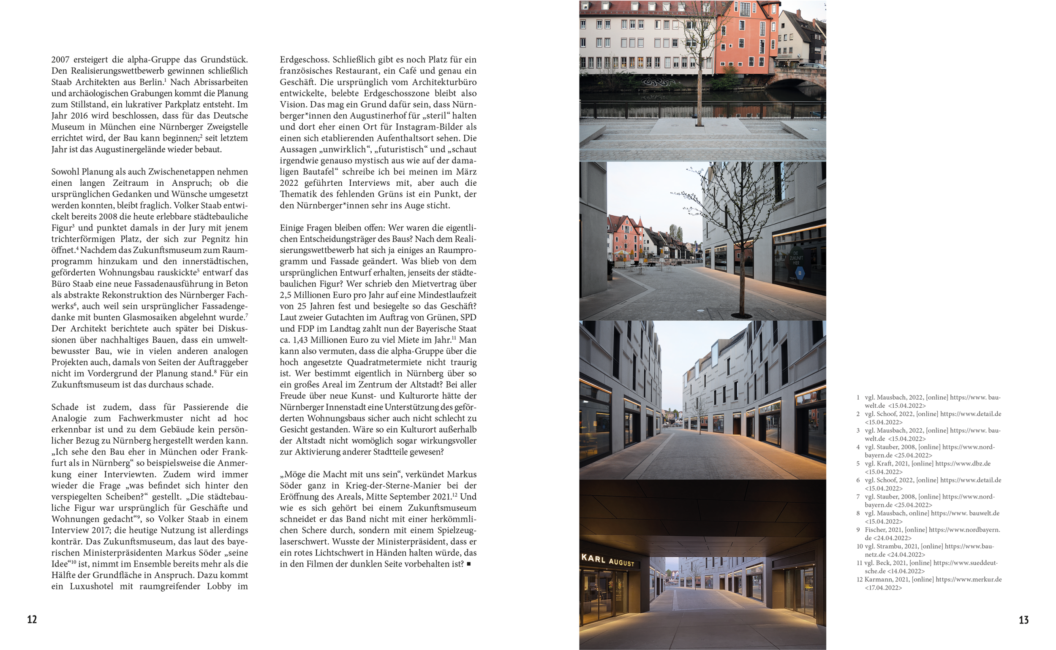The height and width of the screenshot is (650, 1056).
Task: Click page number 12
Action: coord(32,620)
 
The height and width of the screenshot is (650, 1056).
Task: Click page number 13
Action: coord(1024,620)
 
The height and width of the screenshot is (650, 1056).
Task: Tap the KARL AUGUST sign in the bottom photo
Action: coord(607,560)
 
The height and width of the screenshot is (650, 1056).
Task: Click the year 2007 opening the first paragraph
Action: coord(60,60)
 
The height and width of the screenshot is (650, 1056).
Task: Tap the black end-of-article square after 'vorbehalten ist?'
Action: coord(469,564)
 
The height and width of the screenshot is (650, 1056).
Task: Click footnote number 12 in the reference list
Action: coord(860,580)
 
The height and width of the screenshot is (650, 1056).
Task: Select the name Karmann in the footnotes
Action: coord(878,580)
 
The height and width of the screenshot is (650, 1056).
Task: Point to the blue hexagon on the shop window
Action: coord(800,273)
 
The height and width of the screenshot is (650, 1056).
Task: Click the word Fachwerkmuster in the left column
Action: coord(150,418)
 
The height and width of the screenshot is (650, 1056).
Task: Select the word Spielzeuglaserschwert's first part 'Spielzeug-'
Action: coord(457,531)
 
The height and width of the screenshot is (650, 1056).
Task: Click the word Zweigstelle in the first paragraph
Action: coord(228,127)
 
